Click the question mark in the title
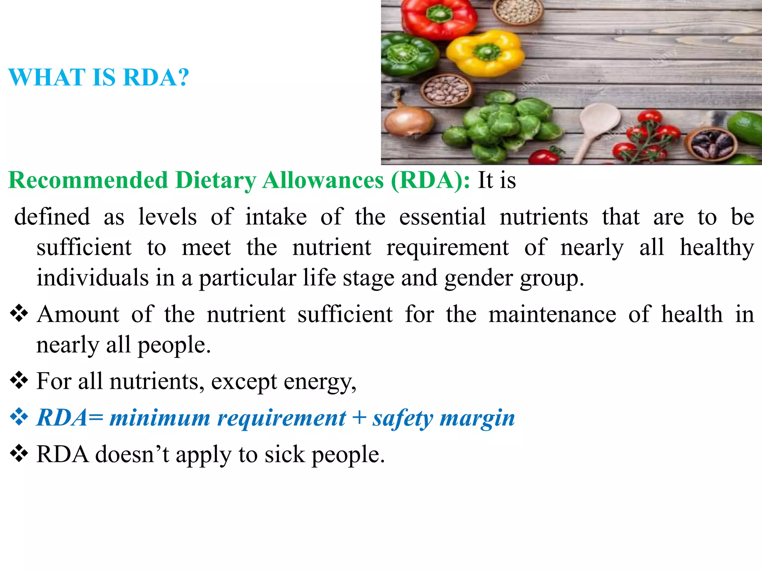pyautogui.click(x=182, y=77)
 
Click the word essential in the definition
pyautogui.click(x=442, y=217)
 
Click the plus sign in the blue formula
pyautogui.click(x=359, y=417)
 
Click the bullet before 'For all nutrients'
pyautogui.click(x=19, y=381)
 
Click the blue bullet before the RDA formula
pyautogui.click(x=19, y=417)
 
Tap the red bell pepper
pyautogui.click(x=439, y=17)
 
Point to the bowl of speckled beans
pyautogui.click(x=446, y=90)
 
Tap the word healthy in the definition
pyautogui.click(x=717, y=248)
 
